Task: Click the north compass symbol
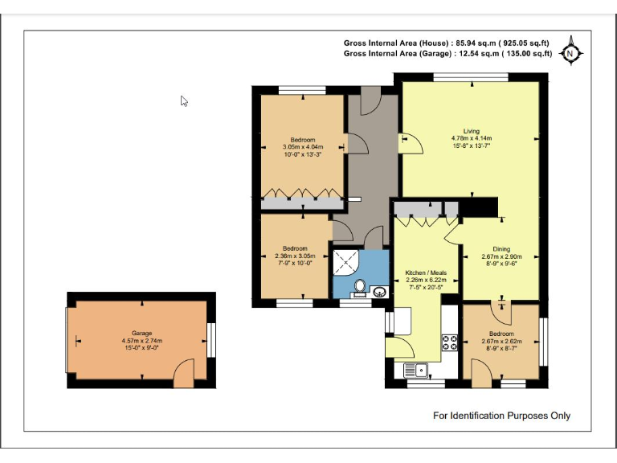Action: click(570, 51)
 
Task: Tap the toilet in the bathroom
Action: click(359, 286)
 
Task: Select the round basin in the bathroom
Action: click(380, 292)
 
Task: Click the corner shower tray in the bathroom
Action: click(345, 262)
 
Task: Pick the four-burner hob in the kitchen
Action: click(449, 342)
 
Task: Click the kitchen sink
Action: click(416, 371)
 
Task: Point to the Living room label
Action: click(472, 131)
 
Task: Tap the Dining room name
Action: click(501, 249)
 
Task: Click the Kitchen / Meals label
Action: click(426, 272)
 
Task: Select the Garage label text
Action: click(141, 333)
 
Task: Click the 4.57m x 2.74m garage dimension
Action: click(142, 341)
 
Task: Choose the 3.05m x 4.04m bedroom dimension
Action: click(303, 147)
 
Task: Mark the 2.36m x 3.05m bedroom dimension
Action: click(295, 256)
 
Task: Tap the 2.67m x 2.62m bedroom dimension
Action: click(501, 341)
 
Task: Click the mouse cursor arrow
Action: click(184, 101)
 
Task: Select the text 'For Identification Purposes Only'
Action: click(501, 416)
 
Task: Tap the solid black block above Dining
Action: click(479, 207)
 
